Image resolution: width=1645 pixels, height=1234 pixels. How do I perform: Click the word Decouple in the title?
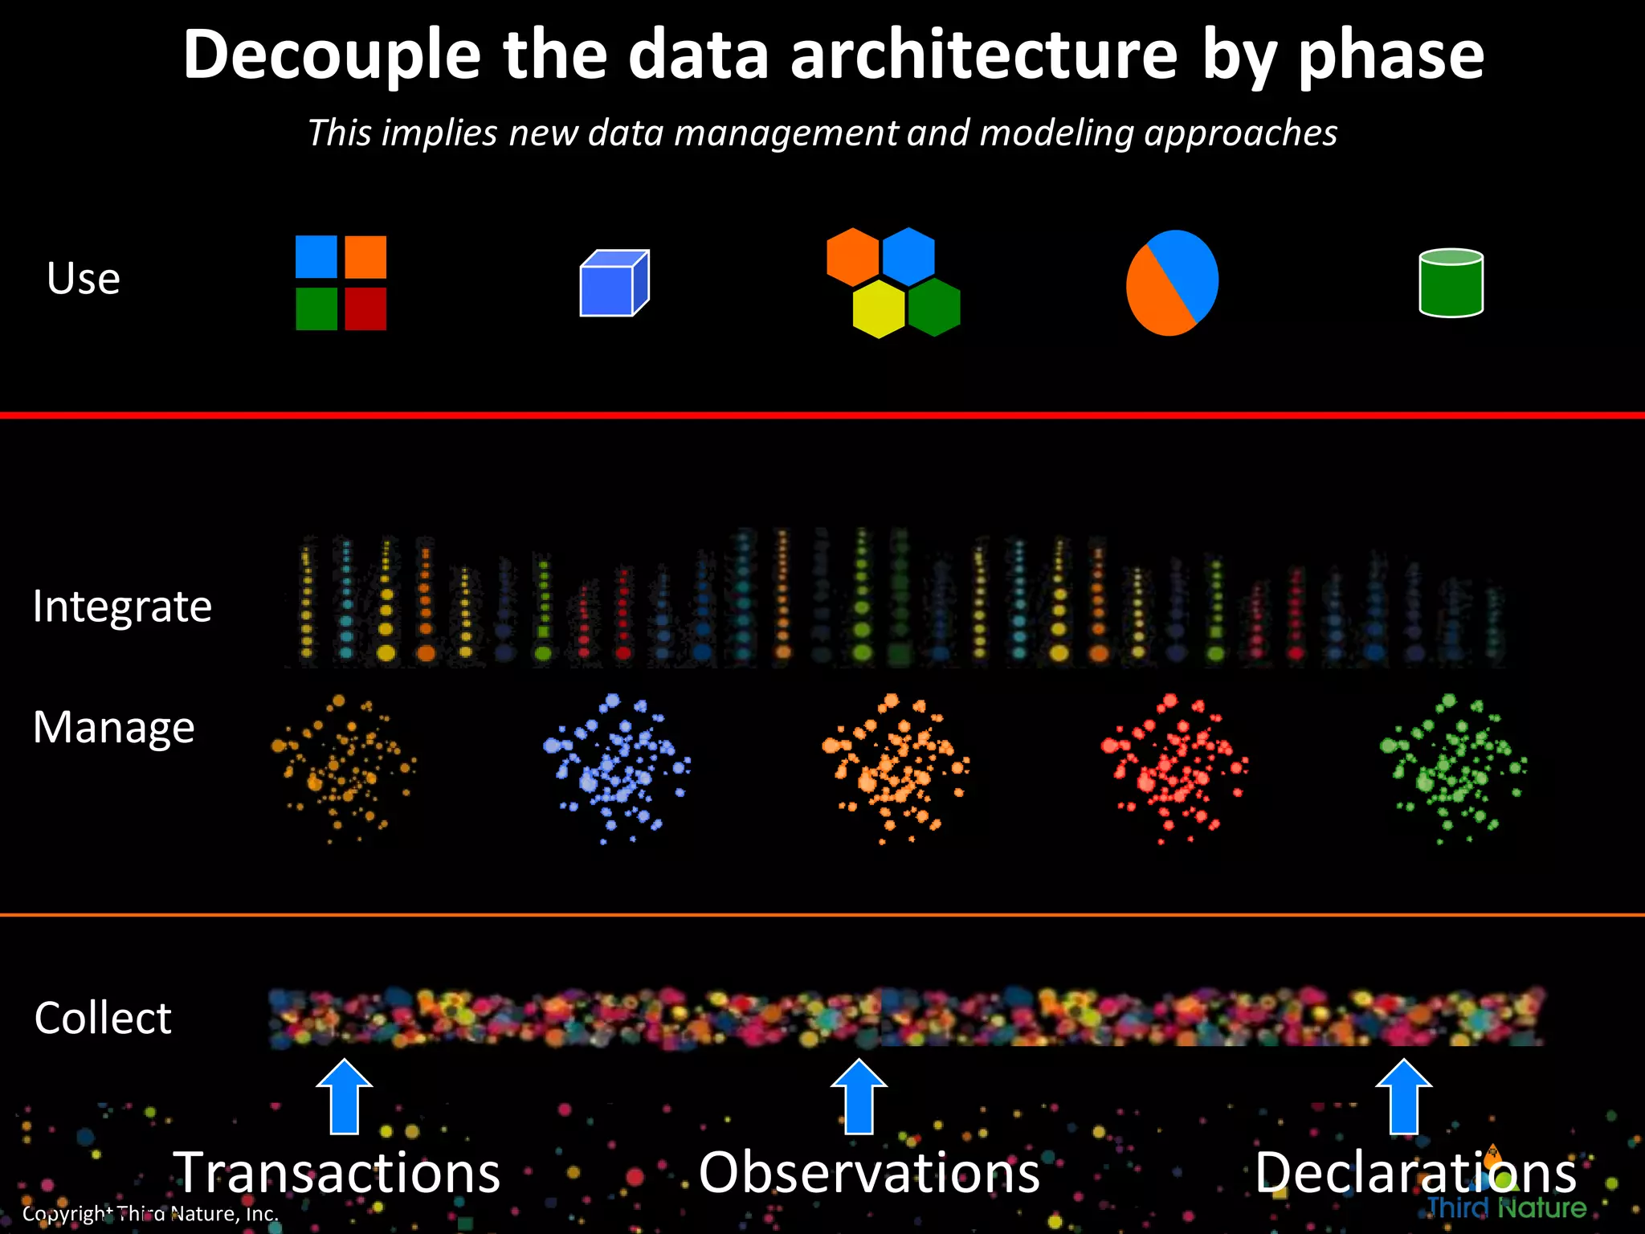click(331, 56)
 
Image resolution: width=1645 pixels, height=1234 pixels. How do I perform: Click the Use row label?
click(84, 279)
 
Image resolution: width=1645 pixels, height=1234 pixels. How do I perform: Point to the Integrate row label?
click(122, 606)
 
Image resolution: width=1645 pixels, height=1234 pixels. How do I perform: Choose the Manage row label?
click(113, 727)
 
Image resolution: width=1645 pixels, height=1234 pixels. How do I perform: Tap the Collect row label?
click(103, 1018)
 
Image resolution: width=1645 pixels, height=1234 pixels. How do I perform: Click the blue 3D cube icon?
click(614, 283)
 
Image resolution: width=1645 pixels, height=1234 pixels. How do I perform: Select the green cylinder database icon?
click(1451, 283)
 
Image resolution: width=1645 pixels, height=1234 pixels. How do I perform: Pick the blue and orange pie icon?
click(1172, 283)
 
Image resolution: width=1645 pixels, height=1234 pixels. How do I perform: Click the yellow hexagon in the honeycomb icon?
click(879, 308)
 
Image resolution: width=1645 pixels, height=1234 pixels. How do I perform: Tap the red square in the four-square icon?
click(365, 308)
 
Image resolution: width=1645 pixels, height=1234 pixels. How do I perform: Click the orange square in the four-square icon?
click(365, 257)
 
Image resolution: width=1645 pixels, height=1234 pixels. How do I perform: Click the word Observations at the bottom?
click(869, 1173)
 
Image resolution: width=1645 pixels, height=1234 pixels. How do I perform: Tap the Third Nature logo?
click(1505, 1207)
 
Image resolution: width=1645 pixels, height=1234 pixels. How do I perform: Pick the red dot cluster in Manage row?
click(1174, 767)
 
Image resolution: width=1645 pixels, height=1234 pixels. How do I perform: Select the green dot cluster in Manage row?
click(1452, 767)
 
